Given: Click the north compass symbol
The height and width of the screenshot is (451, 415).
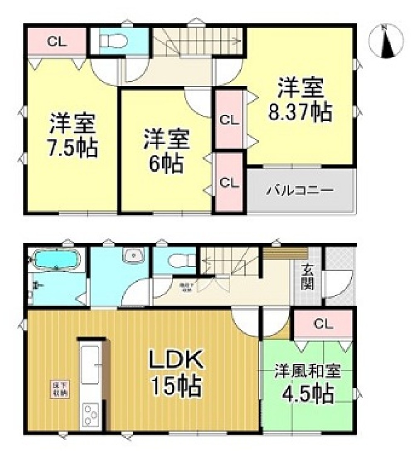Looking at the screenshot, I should (386, 41).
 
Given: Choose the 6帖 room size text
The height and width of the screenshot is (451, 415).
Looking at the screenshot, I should (166, 165).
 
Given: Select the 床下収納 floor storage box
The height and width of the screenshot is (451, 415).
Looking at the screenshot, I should (60, 389).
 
